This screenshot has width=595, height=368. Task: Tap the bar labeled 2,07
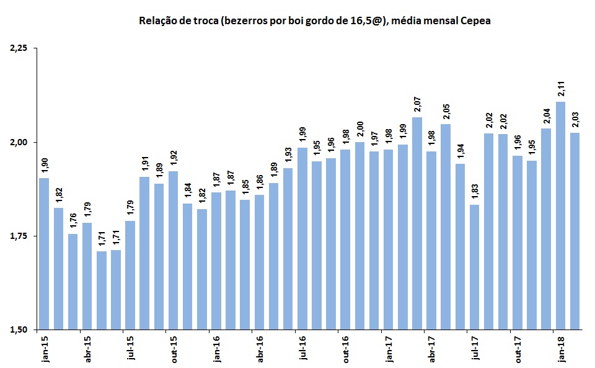(417, 223)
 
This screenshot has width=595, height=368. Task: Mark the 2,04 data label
(546, 116)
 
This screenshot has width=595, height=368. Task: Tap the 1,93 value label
(288, 156)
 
